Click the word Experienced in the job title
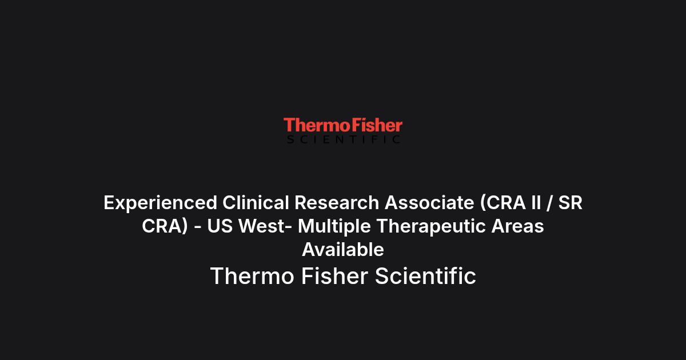(161, 203)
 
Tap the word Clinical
(256, 203)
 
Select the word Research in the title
(337, 203)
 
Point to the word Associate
(429, 203)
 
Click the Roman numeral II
(537, 203)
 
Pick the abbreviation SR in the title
(571, 203)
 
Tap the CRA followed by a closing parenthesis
(165, 226)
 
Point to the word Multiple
(334, 227)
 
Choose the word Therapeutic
(431, 227)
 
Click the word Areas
(517, 226)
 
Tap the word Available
(343, 250)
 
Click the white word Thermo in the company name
(252, 276)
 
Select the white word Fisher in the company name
(335, 276)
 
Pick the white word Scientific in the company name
(425, 276)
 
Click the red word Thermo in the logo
(317, 125)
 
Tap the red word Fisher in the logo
(377, 125)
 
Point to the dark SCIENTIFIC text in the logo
(344, 139)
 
